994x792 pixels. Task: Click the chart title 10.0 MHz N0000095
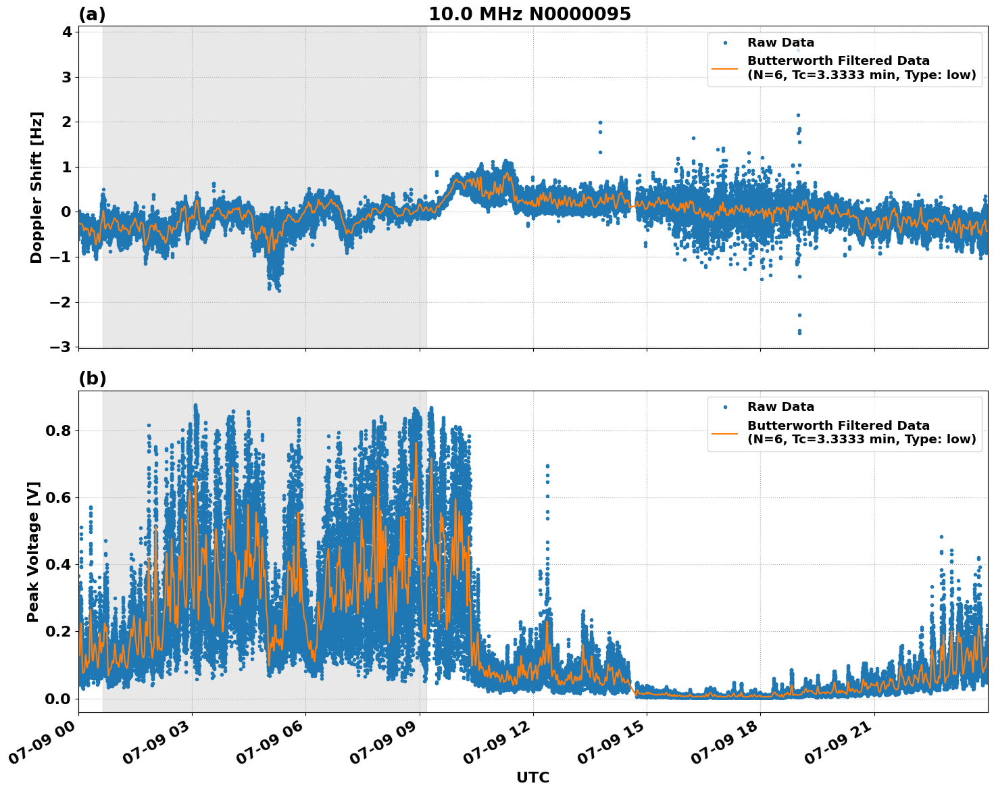(x=529, y=14)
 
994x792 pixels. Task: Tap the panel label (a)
(x=92, y=14)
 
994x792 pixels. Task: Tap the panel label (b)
(x=92, y=378)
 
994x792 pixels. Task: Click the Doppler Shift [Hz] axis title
(x=36, y=187)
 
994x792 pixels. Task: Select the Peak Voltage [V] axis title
(x=33, y=551)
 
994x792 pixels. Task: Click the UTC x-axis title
(x=532, y=777)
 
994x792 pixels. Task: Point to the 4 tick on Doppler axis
(x=66, y=32)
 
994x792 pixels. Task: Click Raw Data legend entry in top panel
(x=780, y=43)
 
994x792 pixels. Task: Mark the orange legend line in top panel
(x=724, y=68)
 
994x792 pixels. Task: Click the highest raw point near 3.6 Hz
(x=797, y=50)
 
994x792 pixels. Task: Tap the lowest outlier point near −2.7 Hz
(x=799, y=332)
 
